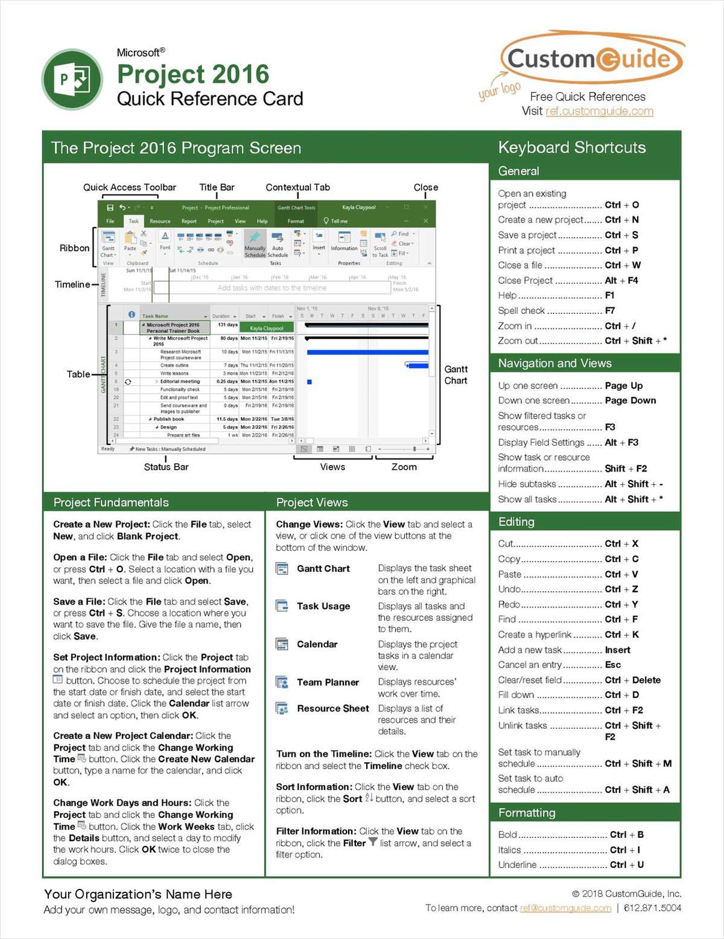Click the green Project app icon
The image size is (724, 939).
(x=72, y=80)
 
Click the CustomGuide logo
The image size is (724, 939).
(x=591, y=59)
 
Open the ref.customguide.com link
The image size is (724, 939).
(x=599, y=111)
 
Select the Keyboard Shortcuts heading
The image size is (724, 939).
(x=571, y=147)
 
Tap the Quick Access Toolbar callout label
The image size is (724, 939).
(x=130, y=187)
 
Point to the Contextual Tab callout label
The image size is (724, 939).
(x=297, y=187)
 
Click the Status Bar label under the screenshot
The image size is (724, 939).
(x=166, y=467)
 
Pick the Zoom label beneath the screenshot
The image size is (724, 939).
(x=404, y=467)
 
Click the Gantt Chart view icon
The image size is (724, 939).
(x=282, y=568)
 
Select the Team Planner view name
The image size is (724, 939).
(x=328, y=682)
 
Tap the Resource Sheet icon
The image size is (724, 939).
(x=282, y=708)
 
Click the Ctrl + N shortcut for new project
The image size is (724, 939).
(x=621, y=220)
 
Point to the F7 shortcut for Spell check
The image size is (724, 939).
(x=609, y=310)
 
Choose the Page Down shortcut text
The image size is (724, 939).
(x=630, y=400)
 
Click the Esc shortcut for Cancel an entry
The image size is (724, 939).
(x=612, y=665)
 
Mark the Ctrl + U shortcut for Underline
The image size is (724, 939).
(x=626, y=865)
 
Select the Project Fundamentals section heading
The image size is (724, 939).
(x=111, y=502)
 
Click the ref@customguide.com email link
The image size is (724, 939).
(x=565, y=908)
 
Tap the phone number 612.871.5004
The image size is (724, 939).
(x=652, y=908)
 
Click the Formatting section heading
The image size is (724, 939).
(x=526, y=813)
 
